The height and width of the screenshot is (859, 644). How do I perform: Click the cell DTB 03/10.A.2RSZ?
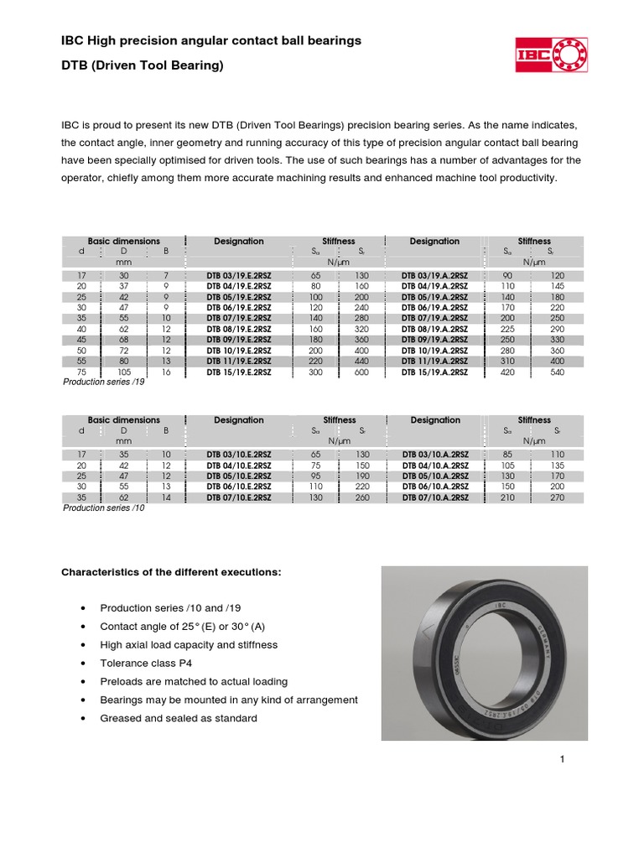tap(434, 454)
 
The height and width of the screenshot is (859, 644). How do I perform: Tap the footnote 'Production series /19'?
tap(105, 382)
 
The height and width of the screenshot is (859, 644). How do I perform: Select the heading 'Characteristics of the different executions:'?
tap(171, 572)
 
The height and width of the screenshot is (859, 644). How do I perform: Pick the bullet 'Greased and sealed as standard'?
tap(179, 718)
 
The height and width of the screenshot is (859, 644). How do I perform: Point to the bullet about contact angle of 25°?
tap(183, 626)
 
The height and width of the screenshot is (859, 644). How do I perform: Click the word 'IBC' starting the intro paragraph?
tap(70, 124)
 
